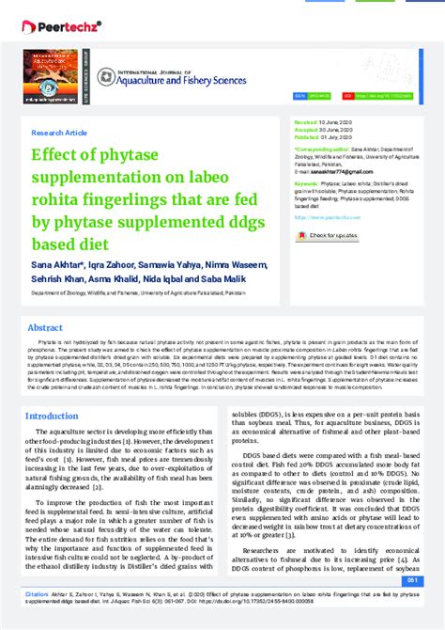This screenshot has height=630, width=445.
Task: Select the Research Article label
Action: tap(59, 133)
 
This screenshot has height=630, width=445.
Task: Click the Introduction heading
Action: tap(52, 416)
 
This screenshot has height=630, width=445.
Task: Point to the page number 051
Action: tap(424, 581)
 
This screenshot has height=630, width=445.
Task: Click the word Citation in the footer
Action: tap(38, 594)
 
